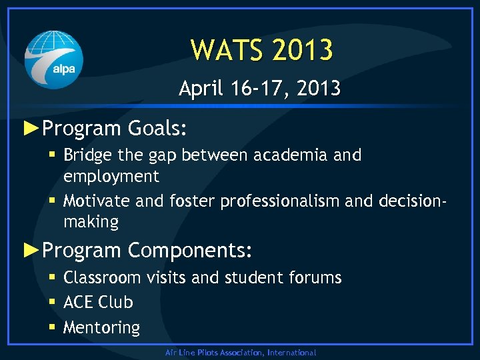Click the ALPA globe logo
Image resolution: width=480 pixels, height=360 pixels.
point(54,59)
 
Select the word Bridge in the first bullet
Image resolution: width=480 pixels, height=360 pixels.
point(88,155)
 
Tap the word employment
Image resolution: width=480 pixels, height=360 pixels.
point(111,177)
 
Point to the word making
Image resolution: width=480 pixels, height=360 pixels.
point(91,222)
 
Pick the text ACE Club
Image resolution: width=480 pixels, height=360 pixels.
point(98,302)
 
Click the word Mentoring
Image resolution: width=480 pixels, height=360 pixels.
point(101,327)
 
